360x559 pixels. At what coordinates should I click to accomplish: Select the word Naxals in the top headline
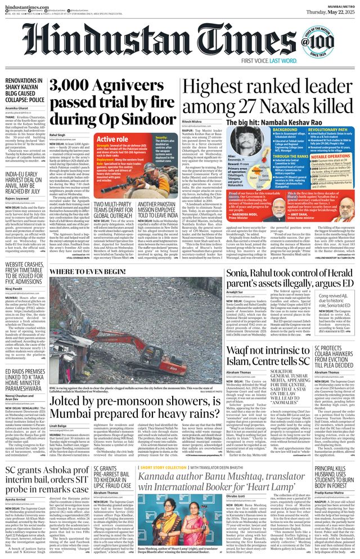(x=283, y=106)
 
